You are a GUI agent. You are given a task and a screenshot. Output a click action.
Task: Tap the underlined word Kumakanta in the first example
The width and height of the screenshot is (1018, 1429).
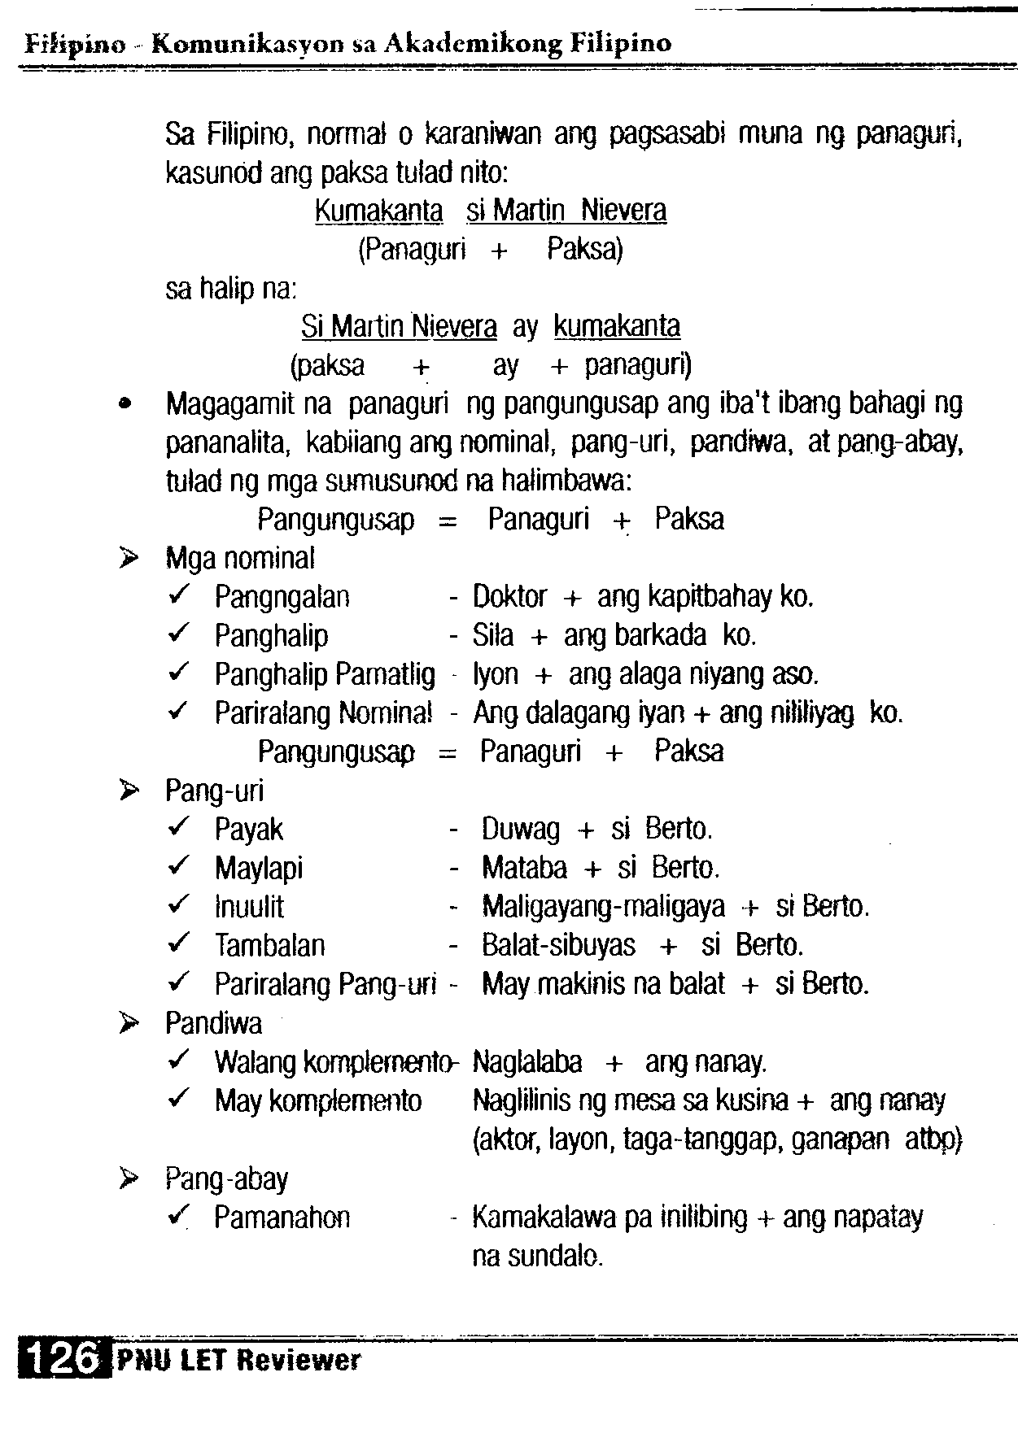378,211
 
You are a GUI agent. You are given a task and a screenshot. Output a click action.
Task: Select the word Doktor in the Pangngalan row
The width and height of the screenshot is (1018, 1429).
509,597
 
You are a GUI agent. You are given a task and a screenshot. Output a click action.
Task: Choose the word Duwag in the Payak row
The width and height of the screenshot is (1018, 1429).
521,830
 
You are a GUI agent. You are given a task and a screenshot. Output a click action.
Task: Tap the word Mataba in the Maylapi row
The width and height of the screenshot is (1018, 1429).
524,868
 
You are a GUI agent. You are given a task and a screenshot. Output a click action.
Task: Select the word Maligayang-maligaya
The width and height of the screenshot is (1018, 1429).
603,906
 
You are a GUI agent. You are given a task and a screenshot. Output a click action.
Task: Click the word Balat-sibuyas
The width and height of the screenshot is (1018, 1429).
558,945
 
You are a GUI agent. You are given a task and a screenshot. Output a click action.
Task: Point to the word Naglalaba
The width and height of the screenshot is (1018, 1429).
527,1062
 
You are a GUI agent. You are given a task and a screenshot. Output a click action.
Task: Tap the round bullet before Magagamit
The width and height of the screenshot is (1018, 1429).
125,403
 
